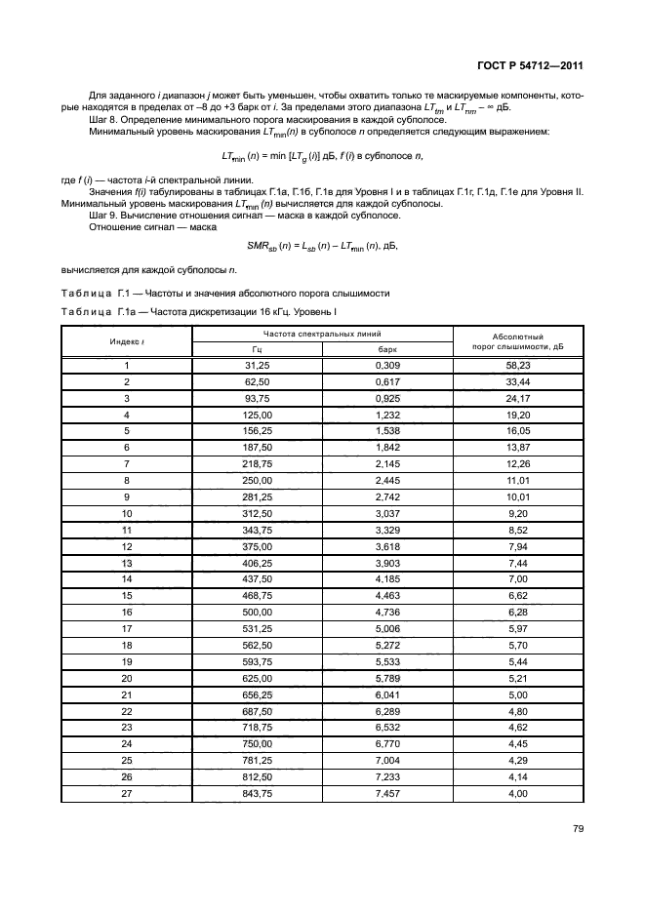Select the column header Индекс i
127,340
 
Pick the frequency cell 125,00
257,415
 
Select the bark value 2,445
388,481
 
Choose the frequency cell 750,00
257,743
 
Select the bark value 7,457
388,793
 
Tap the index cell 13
127,563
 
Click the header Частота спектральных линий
321,334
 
